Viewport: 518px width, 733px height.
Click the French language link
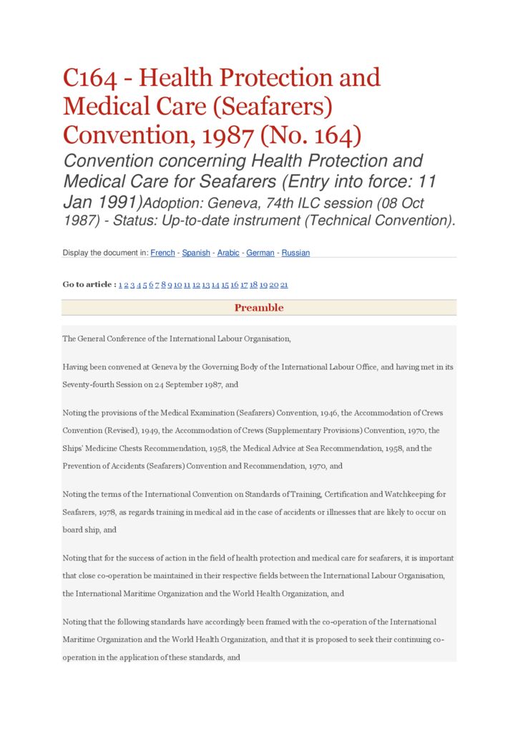pos(162,253)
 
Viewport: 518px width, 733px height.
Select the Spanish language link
pos(196,253)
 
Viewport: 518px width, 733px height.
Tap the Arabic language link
pos(228,253)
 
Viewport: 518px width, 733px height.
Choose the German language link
pos(260,253)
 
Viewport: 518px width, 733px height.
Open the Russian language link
pos(295,253)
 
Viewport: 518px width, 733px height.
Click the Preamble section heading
pos(259,308)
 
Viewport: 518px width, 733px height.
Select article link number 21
pos(284,285)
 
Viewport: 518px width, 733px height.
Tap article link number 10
pos(177,285)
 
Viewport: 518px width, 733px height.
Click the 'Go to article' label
pos(89,285)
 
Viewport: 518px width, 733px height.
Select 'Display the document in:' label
pos(105,253)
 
